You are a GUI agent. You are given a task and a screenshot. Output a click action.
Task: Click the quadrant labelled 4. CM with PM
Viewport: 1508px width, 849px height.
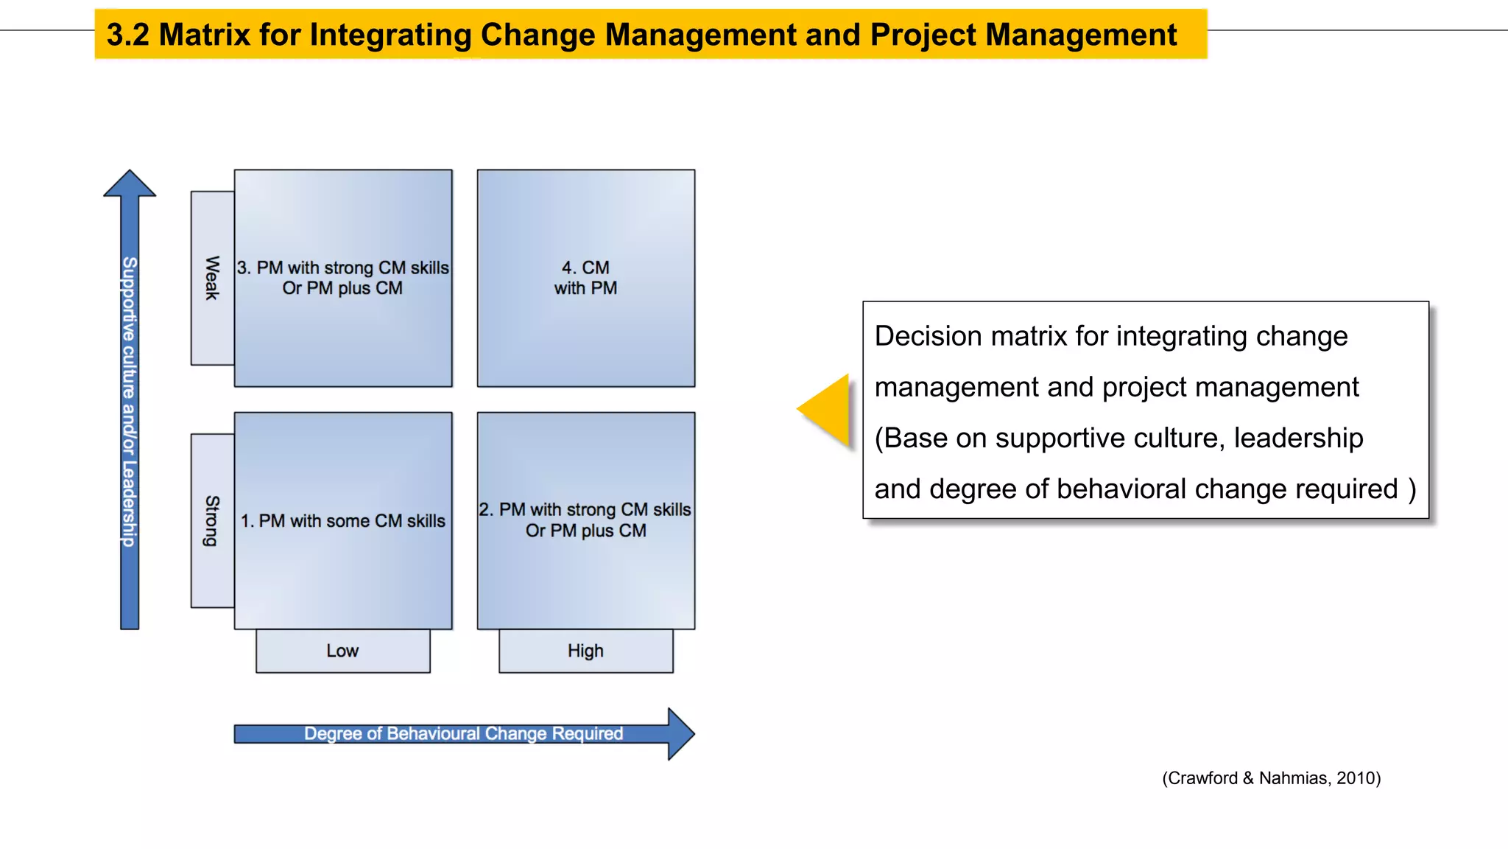(x=585, y=278)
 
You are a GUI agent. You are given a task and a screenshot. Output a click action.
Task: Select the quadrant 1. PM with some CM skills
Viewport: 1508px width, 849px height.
(x=343, y=520)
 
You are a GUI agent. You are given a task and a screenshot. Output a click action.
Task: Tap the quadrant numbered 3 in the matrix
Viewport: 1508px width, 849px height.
(x=343, y=278)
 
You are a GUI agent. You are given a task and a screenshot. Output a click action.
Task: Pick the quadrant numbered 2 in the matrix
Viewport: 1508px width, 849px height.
(x=585, y=520)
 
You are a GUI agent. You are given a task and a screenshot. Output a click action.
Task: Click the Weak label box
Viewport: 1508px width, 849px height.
(x=212, y=278)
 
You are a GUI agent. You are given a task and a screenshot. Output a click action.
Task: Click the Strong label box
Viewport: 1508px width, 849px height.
(x=212, y=520)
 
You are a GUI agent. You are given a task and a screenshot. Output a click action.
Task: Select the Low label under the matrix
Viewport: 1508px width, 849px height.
(x=342, y=651)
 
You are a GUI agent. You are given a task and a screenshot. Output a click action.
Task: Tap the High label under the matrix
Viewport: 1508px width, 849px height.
(x=585, y=651)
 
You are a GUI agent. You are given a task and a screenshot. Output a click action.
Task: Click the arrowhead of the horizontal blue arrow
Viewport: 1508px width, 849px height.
(x=680, y=733)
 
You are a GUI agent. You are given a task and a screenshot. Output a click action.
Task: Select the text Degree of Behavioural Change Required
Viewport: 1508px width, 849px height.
(x=463, y=733)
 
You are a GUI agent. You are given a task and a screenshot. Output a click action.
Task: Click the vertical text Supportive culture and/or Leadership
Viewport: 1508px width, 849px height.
(x=130, y=402)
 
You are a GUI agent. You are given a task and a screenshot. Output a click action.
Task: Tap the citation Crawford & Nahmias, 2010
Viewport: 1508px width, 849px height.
(x=1271, y=778)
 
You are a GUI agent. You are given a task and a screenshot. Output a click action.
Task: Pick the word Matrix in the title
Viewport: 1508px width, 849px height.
(x=204, y=35)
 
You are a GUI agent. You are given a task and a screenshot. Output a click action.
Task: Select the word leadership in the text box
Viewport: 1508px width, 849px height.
(x=1298, y=438)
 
